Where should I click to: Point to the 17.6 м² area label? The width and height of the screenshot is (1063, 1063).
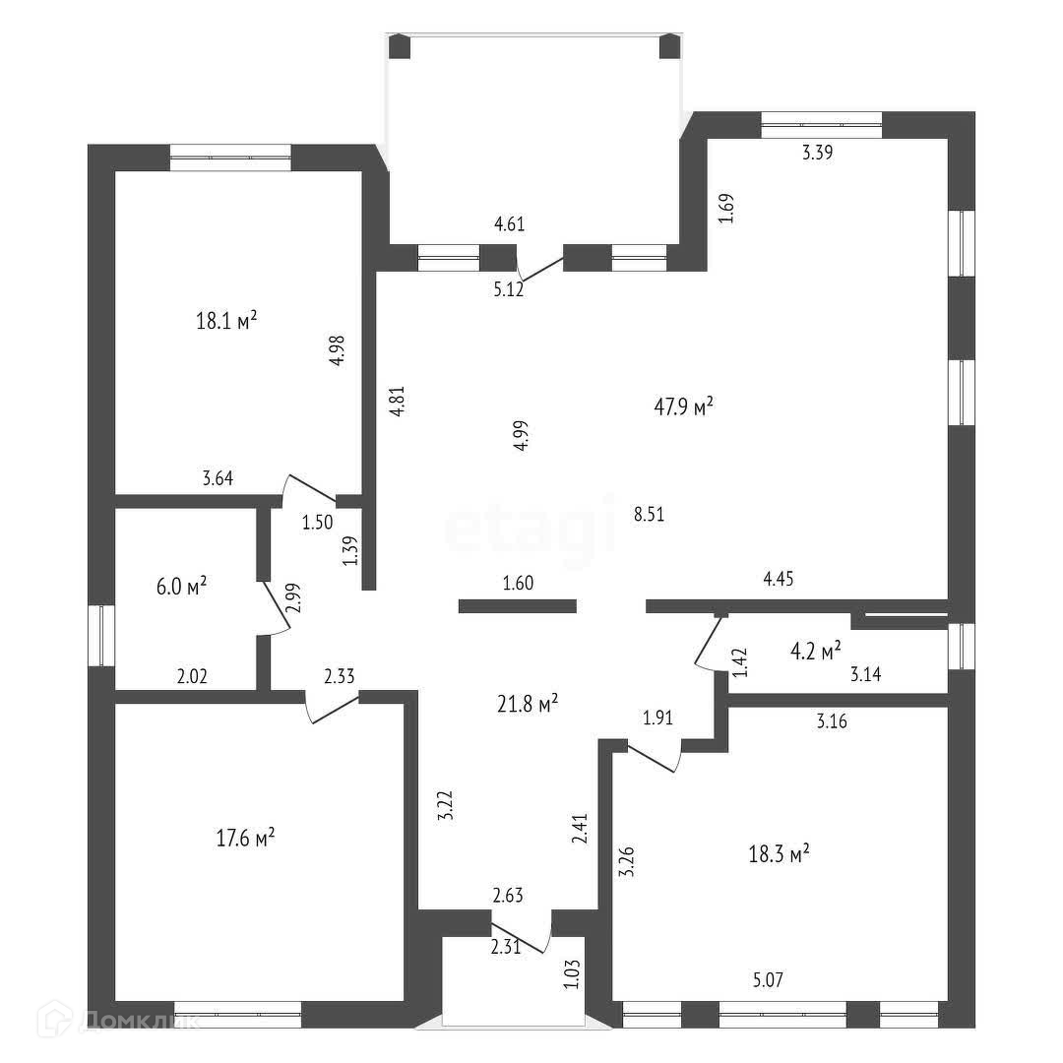245,839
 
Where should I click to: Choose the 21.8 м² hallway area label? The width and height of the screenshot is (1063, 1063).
530,701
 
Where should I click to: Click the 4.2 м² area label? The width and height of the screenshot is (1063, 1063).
816,650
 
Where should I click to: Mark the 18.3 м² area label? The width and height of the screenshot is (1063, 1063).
780,853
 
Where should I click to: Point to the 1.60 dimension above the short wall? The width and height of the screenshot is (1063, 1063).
518,583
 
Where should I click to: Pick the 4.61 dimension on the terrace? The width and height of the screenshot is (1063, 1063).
509,223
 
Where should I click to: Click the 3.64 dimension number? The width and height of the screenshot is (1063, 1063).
218,479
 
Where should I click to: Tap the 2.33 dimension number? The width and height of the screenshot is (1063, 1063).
339,676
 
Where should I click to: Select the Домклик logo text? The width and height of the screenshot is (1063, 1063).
144,1021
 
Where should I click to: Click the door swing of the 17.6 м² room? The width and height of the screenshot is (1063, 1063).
331,710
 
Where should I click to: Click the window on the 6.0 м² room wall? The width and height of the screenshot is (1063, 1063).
102,635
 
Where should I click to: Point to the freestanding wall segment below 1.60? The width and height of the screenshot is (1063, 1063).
518,606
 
